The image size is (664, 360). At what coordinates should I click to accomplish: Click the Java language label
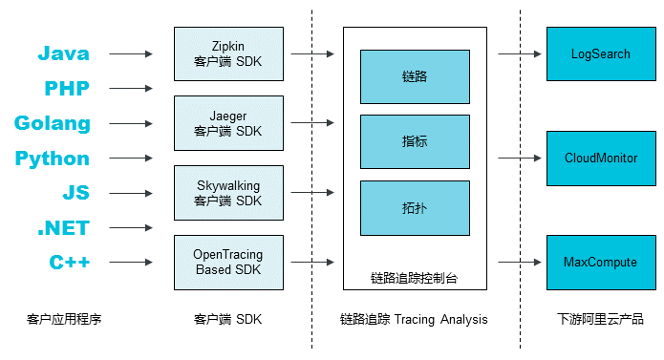pyautogui.click(x=63, y=54)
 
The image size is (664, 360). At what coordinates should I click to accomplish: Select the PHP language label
pyautogui.click(x=67, y=89)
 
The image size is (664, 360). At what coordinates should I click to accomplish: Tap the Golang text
pyautogui.click(x=53, y=123)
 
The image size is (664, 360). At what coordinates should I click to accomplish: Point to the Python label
pyautogui.click(x=53, y=159)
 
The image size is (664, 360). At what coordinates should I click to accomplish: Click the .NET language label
pyautogui.click(x=63, y=228)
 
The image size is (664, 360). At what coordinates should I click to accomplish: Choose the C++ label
pyautogui.click(x=69, y=263)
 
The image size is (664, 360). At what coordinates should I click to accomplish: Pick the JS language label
pyautogui.click(x=75, y=193)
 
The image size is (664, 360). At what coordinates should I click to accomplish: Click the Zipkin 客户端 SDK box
pyautogui.click(x=228, y=53)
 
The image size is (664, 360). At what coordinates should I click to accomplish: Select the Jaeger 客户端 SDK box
pyautogui.click(x=228, y=123)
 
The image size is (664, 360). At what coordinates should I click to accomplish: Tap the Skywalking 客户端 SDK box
pyautogui.click(x=228, y=193)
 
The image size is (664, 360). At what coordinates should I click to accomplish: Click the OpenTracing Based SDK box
pyautogui.click(x=228, y=263)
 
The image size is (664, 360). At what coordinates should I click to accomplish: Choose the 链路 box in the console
pyautogui.click(x=415, y=76)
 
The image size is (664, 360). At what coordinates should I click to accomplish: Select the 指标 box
pyautogui.click(x=415, y=141)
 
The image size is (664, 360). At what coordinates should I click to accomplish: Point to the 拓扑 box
pyautogui.click(x=415, y=207)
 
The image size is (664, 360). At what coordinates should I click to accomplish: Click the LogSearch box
pyautogui.click(x=601, y=53)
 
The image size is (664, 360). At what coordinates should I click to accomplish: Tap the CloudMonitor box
pyautogui.click(x=601, y=158)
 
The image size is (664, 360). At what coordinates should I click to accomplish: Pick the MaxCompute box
pyautogui.click(x=601, y=262)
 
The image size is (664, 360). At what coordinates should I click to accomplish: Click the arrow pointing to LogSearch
pyautogui.click(x=521, y=54)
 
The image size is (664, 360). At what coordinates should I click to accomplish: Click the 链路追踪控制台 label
pyautogui.click(x=414, y=278)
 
